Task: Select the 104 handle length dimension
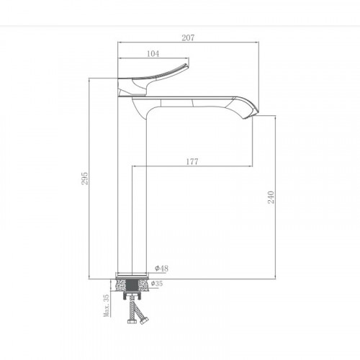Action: point(152,53)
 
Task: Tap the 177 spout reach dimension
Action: point(192,162)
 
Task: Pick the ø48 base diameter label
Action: point(162,269)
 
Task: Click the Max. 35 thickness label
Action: point(105,306)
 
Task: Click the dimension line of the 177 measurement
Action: point(216,168)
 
